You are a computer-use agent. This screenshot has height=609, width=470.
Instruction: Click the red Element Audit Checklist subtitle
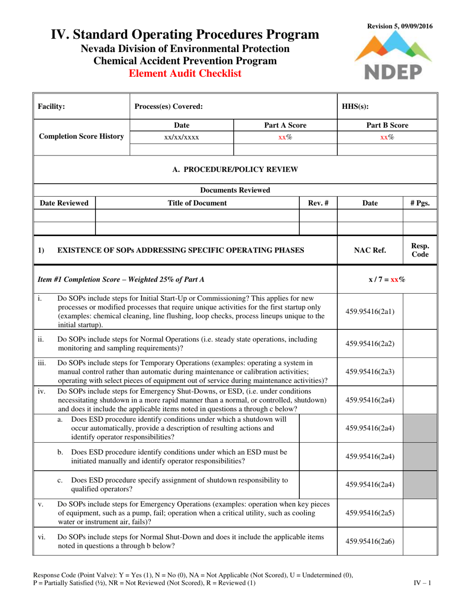point(185,74)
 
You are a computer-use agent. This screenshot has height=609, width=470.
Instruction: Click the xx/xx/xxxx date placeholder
point(182,138)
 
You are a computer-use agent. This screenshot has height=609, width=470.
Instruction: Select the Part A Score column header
point(284,126)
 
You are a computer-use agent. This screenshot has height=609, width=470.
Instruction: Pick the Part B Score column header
point(387,126)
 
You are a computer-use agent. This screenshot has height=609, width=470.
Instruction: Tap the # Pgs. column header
point(420,203)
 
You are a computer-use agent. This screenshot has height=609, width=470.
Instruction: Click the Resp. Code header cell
point(420,250)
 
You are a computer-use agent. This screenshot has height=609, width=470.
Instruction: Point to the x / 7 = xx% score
point(387,279)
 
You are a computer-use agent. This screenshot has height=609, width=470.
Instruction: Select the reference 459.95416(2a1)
point(370,312)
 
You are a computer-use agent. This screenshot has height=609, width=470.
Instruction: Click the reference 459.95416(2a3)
point(370,371)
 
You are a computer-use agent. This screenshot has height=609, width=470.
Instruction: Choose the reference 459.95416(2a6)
point(370,541)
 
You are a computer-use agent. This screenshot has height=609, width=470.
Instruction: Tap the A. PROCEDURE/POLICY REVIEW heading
point(235,170)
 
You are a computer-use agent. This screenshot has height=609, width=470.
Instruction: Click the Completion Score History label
point(81,136)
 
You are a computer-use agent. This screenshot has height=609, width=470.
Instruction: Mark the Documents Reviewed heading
point(235,190)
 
